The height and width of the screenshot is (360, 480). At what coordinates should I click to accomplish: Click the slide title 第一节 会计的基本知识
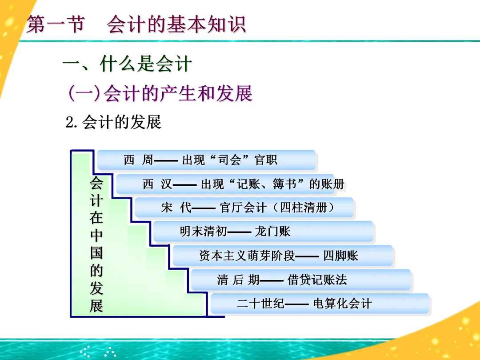click(136, 25)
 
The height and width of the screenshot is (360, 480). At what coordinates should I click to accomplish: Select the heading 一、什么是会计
click(127, 64)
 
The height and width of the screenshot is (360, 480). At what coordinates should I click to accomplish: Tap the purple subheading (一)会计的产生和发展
click(160, 93)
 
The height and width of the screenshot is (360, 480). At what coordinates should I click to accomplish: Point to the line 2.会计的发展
click(113, 122)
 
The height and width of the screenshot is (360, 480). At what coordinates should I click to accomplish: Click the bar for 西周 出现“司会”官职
click(206, 160)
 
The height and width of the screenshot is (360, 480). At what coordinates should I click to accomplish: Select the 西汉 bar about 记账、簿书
click(225, 184)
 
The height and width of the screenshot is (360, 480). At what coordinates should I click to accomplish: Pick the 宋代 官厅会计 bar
click(244, 208)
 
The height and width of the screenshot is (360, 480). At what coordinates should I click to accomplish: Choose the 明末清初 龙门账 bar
click(263, 232)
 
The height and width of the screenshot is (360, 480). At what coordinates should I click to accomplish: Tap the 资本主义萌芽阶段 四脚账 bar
click(283, 256)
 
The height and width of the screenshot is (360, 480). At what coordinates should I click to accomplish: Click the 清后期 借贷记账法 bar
click(301, 280)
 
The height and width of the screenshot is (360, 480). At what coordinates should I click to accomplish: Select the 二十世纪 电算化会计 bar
click(320, 304)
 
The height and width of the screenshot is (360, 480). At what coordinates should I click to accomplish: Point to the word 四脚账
click(340, 256)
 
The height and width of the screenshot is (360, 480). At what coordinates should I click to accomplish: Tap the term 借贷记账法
click(317, 280)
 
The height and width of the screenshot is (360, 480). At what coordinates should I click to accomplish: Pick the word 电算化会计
click(342, 304)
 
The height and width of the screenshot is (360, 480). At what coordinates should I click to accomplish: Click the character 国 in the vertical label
click(96, 253)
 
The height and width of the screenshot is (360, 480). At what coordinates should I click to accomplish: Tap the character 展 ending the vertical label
click(96, 306)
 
